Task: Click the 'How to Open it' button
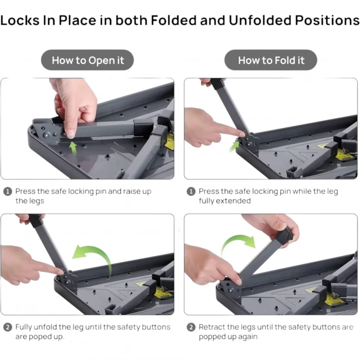pos(87,60)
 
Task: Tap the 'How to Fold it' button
pos(271,60)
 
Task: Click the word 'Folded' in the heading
pos(174,20)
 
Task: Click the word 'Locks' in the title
pos(20,20)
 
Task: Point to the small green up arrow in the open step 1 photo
pos(73,148)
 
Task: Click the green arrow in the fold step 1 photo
pos(233,147)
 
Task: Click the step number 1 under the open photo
pos(8,191)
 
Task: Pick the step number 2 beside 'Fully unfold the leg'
pos(8,327)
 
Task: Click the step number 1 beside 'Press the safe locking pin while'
pos(191,191)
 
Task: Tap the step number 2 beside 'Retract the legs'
pos(191,327)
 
